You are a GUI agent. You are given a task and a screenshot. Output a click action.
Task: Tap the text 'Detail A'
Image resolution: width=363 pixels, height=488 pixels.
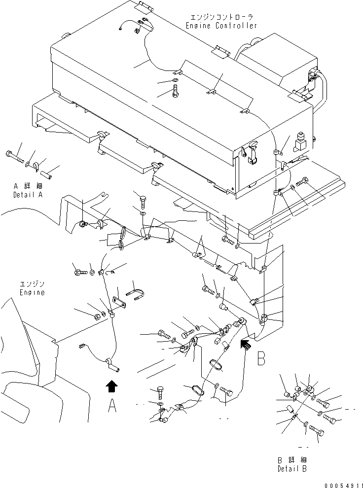28,195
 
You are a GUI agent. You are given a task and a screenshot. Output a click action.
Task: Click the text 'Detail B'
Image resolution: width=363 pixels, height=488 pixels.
292,468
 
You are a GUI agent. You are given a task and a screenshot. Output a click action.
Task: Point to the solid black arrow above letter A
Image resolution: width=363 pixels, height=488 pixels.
112,385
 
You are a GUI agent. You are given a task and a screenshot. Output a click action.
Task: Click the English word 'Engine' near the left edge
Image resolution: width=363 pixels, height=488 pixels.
32,292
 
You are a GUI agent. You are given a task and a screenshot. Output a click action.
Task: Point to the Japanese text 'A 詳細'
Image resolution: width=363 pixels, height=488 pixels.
28,187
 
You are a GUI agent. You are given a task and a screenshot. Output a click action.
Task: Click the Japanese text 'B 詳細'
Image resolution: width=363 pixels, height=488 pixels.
292,460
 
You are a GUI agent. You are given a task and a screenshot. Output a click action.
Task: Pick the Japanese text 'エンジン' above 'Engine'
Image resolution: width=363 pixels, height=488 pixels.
32,284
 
